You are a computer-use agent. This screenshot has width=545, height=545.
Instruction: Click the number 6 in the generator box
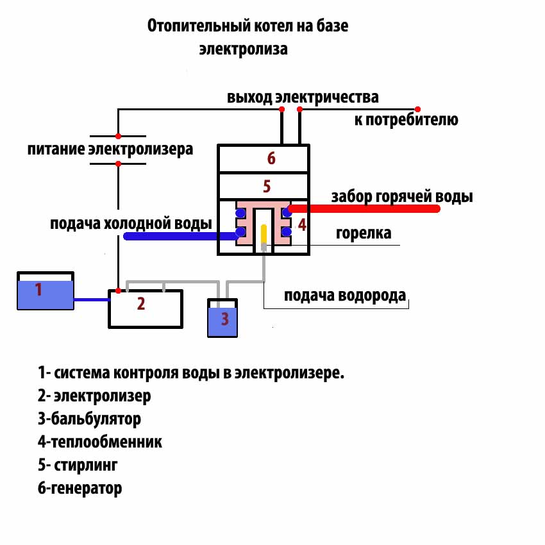pyautogui.click(x=271, y=158)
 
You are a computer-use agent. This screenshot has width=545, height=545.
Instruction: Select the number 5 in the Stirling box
pyautogui.click(x=267, y=187)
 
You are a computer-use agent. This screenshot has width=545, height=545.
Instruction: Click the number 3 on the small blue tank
pyautogui.click(x=224, y=319)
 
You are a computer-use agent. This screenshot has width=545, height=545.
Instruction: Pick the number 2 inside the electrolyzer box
pyautogui.click(x=141, y=303)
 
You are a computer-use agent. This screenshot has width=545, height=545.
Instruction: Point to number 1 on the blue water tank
pyautogui.click(x=38, y=289)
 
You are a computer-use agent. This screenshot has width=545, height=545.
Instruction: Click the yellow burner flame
pyautogui.click(x=264, y=233)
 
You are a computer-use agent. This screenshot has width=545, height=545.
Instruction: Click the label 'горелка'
pyautogui.click(x=364, y=233)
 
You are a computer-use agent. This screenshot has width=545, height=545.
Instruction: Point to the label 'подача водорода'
pyautogui.click(x=345, y=296)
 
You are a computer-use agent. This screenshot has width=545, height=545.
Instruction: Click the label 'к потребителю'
pyautogui.click(x=407, y=119)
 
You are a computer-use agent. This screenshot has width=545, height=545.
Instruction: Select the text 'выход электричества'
pyautogui.click(x=303, y=97)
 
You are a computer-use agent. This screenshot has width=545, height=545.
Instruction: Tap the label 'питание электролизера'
pyautogui.click(x=110, y=150)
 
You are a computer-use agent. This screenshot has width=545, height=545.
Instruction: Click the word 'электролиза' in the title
pyautogui.click(x=243, y=49)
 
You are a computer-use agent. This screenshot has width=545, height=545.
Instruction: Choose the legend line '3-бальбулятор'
pyautogui.click(x=90, y=419)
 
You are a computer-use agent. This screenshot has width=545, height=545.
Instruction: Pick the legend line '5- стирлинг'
pyautogui.click(x=78, y=465)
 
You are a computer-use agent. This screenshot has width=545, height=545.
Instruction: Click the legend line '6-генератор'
pyautogui.click(x=80, y=488)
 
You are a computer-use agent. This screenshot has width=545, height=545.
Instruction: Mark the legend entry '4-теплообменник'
pyautogui.click(x=100, y=442)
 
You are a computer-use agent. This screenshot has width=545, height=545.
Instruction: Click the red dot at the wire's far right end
pyautogui.click(x=418, y=109)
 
